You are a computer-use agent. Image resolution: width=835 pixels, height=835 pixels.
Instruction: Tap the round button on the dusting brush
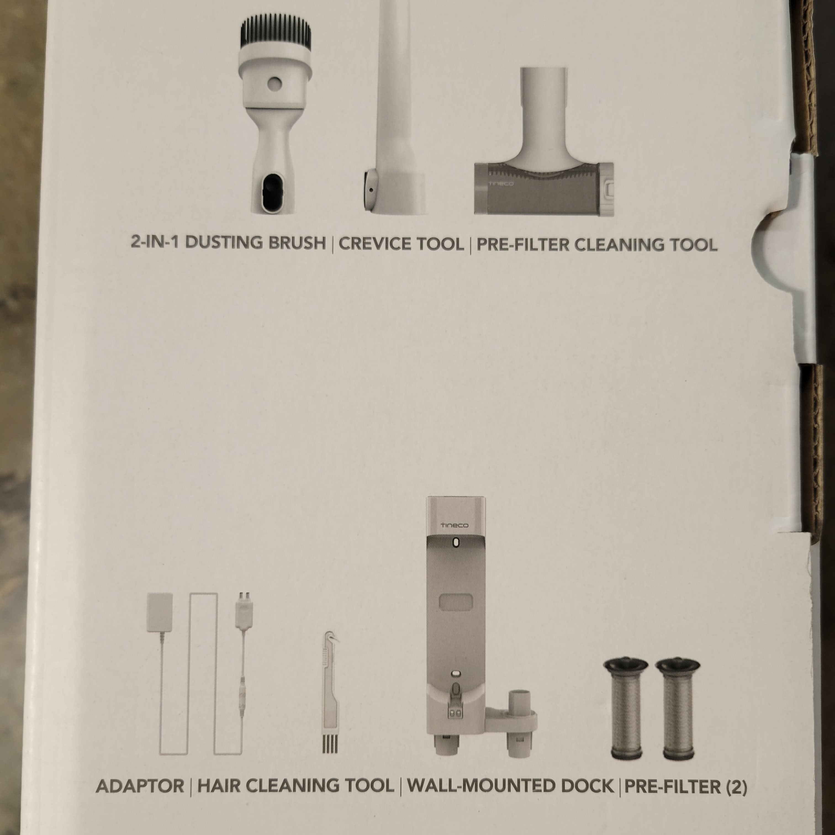click(274, 84)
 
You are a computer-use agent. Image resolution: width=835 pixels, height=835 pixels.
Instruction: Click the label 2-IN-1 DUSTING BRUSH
click(228, 243)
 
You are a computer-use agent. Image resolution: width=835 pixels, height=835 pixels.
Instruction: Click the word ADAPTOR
click(140, 786)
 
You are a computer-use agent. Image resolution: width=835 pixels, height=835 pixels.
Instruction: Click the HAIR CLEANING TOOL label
click(296, 786)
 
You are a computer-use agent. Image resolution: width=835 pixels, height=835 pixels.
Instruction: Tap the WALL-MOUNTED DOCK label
click(511, 786)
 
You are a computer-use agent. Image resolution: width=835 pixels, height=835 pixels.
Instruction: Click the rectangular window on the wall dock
click(456, 601)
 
